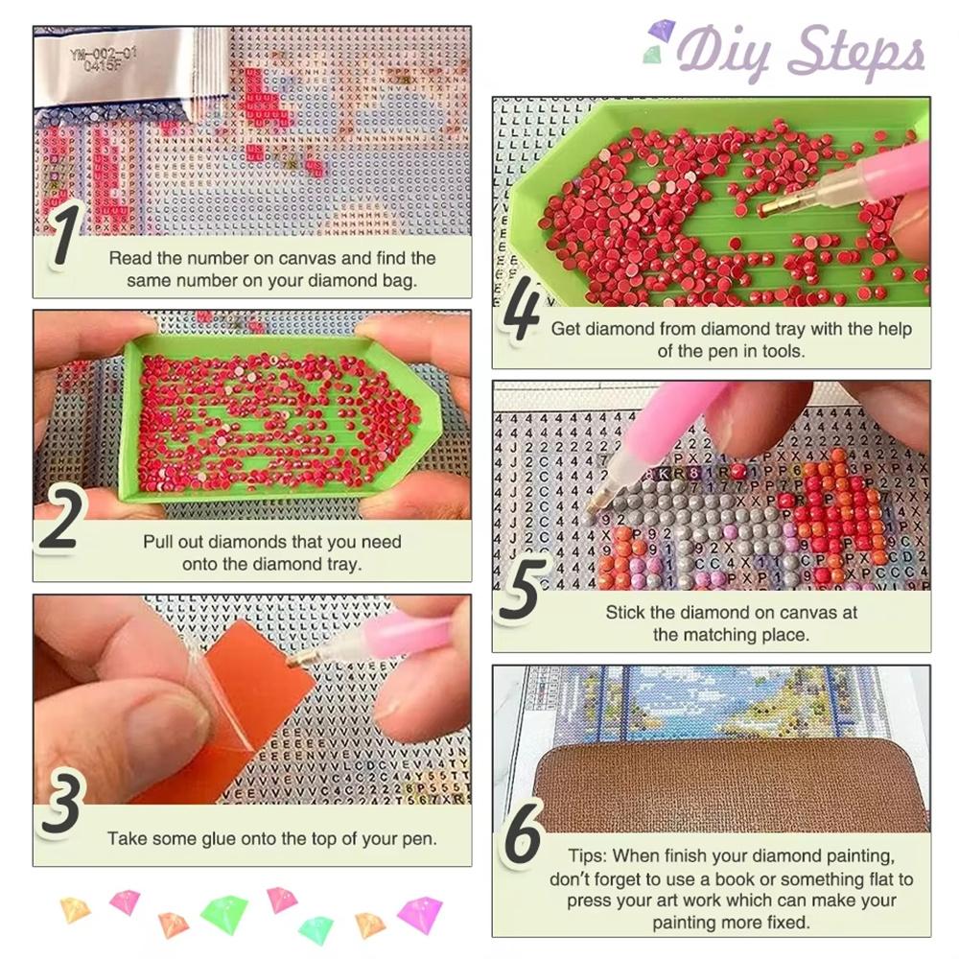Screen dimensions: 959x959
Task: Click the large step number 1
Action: coord(64,234)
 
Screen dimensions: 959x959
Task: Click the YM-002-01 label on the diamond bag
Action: coord(104,59)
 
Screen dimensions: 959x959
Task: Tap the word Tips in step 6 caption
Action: coord(583,855)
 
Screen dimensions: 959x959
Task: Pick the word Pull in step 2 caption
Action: coord(159,542)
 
